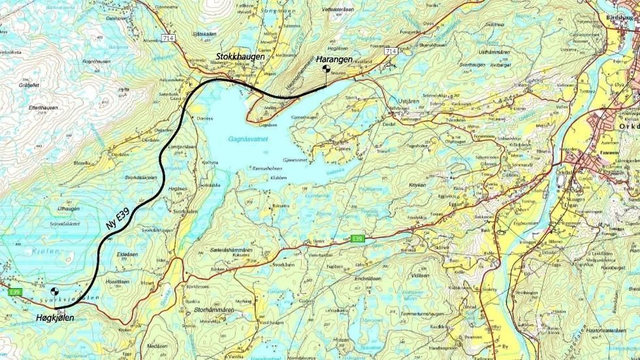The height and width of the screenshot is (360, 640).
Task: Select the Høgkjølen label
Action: pyautogui.click(x=56, y=318)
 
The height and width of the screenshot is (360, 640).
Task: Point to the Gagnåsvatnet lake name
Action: pyautogui.click(x=248, y=139)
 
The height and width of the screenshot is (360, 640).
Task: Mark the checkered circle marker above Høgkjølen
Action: pyautogui.click(x=55, y=292)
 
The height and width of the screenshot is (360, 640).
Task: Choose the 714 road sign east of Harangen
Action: pyautogui.click(x=391, y=51)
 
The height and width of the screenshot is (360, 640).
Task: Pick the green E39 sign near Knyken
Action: pyautogui.click(x=357, y=238)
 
